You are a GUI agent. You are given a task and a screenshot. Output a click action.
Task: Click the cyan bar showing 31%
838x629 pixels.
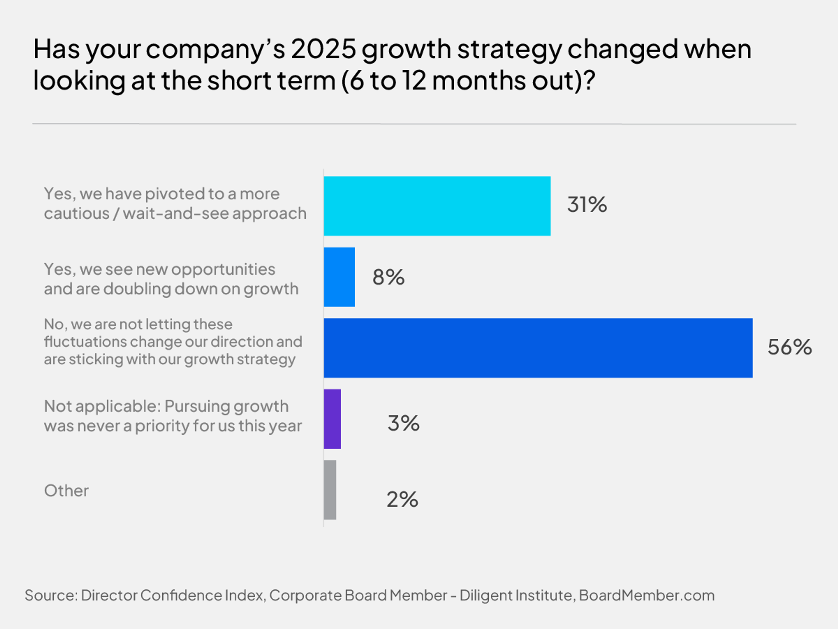(437, 206)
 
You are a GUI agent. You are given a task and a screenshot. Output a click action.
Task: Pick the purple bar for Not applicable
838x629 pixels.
(332, 419)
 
